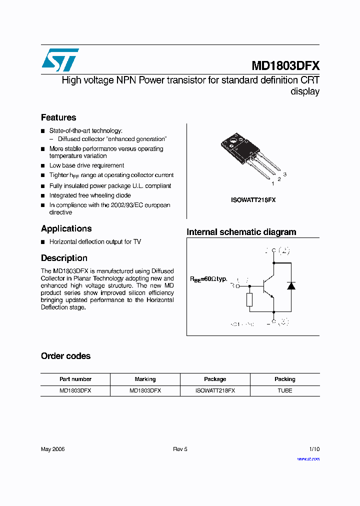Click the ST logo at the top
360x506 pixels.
(60, 60)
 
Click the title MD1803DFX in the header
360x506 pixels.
(285, 66)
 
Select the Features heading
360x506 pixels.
(58, 117)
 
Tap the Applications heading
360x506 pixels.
(66, 228)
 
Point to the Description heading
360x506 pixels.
(64, 258)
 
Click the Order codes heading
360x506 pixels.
(65, 356)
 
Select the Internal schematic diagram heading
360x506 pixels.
(241, 232)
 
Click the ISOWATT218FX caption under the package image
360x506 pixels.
(253, 200)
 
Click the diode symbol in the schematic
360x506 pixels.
(290, 286)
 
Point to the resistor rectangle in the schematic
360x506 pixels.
(249, 299)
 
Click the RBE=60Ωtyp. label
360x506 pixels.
(208, 278)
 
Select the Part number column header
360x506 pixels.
(75, 379)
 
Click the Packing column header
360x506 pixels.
(285, 379)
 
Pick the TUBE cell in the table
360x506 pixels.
(285, 390)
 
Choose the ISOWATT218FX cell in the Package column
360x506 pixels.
(215, 390)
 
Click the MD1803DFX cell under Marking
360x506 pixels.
(145, 390)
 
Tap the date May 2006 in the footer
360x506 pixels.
(52, 449)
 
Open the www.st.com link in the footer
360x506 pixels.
(308, 458)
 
